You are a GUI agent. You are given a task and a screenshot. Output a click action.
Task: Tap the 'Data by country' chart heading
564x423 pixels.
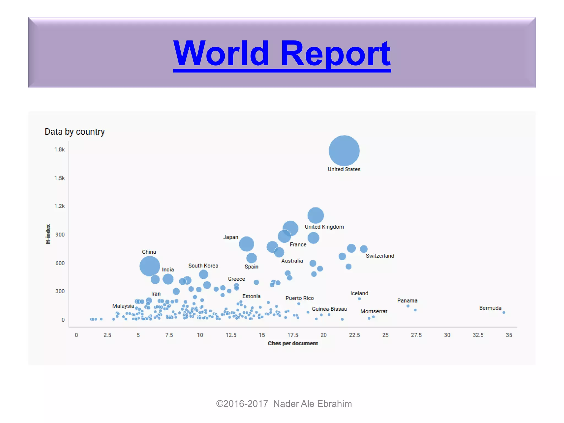click(75, 132)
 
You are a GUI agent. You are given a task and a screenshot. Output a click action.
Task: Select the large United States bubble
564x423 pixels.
click(344, 151)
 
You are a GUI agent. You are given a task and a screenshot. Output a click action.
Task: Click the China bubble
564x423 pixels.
click(150, 266)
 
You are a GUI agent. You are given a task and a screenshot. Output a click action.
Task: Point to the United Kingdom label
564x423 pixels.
click(324, 227)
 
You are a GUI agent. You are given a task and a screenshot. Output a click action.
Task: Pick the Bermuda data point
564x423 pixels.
click(504, 313)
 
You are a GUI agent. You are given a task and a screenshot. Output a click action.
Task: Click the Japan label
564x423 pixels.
click(231, 237)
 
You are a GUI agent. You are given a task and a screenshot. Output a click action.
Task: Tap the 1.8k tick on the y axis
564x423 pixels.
click(59, 150)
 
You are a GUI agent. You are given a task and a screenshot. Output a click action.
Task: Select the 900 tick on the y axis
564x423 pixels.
click(60, 235)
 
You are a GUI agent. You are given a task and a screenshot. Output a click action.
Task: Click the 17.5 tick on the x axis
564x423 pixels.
click(293, 335)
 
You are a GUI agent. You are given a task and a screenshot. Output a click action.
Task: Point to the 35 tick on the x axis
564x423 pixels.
click(509, 335)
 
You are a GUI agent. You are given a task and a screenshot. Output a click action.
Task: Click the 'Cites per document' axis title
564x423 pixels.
click(293, 343)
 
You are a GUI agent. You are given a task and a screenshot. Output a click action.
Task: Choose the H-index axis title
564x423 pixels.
click(48, 234)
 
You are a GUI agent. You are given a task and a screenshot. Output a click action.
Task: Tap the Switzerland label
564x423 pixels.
click(380, 256)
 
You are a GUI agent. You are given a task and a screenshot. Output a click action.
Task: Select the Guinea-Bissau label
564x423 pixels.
click(329, 309)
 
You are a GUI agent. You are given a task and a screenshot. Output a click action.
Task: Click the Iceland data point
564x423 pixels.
click(359, 299)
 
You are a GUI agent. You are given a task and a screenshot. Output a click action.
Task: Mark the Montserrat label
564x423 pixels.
click(374, 311)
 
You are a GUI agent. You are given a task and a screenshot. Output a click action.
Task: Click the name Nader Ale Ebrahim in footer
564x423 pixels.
click(312, 404)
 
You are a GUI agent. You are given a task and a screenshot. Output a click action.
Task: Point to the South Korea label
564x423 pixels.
click(203, 266)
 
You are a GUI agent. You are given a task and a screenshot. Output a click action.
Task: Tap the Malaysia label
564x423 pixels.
click(123, 306)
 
